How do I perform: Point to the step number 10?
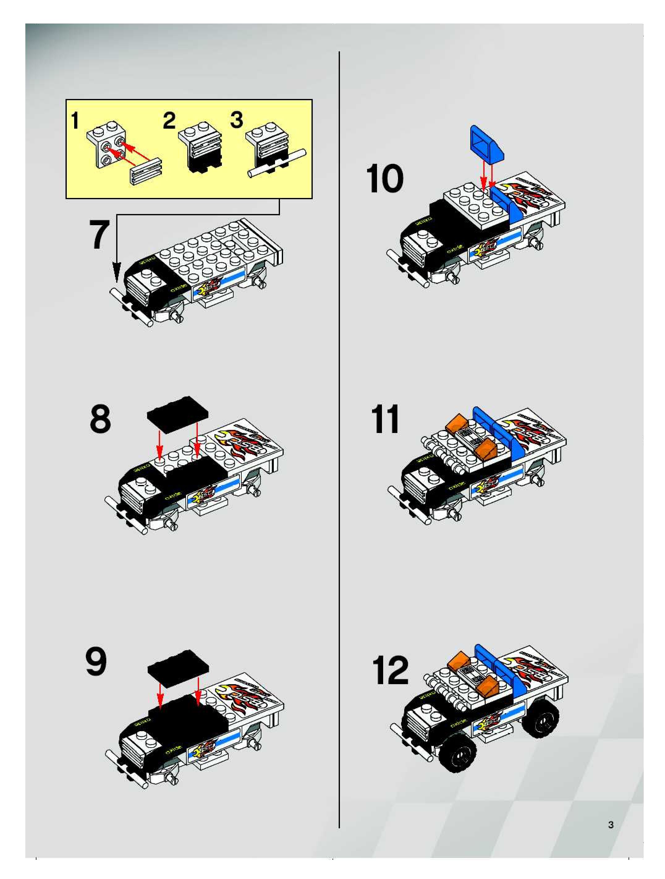[384, 179]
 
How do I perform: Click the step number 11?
[384, 420]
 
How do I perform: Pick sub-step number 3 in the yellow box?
[237, 120]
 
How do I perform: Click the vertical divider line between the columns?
[339, 437]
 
